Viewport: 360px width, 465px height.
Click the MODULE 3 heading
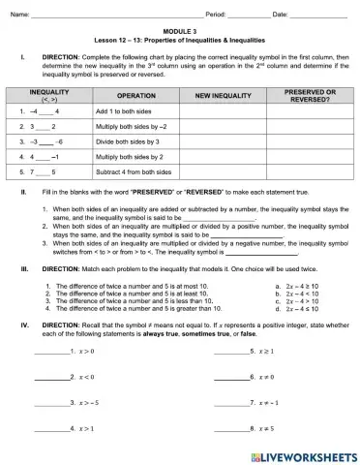pos(180,31)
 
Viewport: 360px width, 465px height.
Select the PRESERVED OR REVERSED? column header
pos(310,96)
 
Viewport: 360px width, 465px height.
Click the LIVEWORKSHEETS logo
pos(308,453)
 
